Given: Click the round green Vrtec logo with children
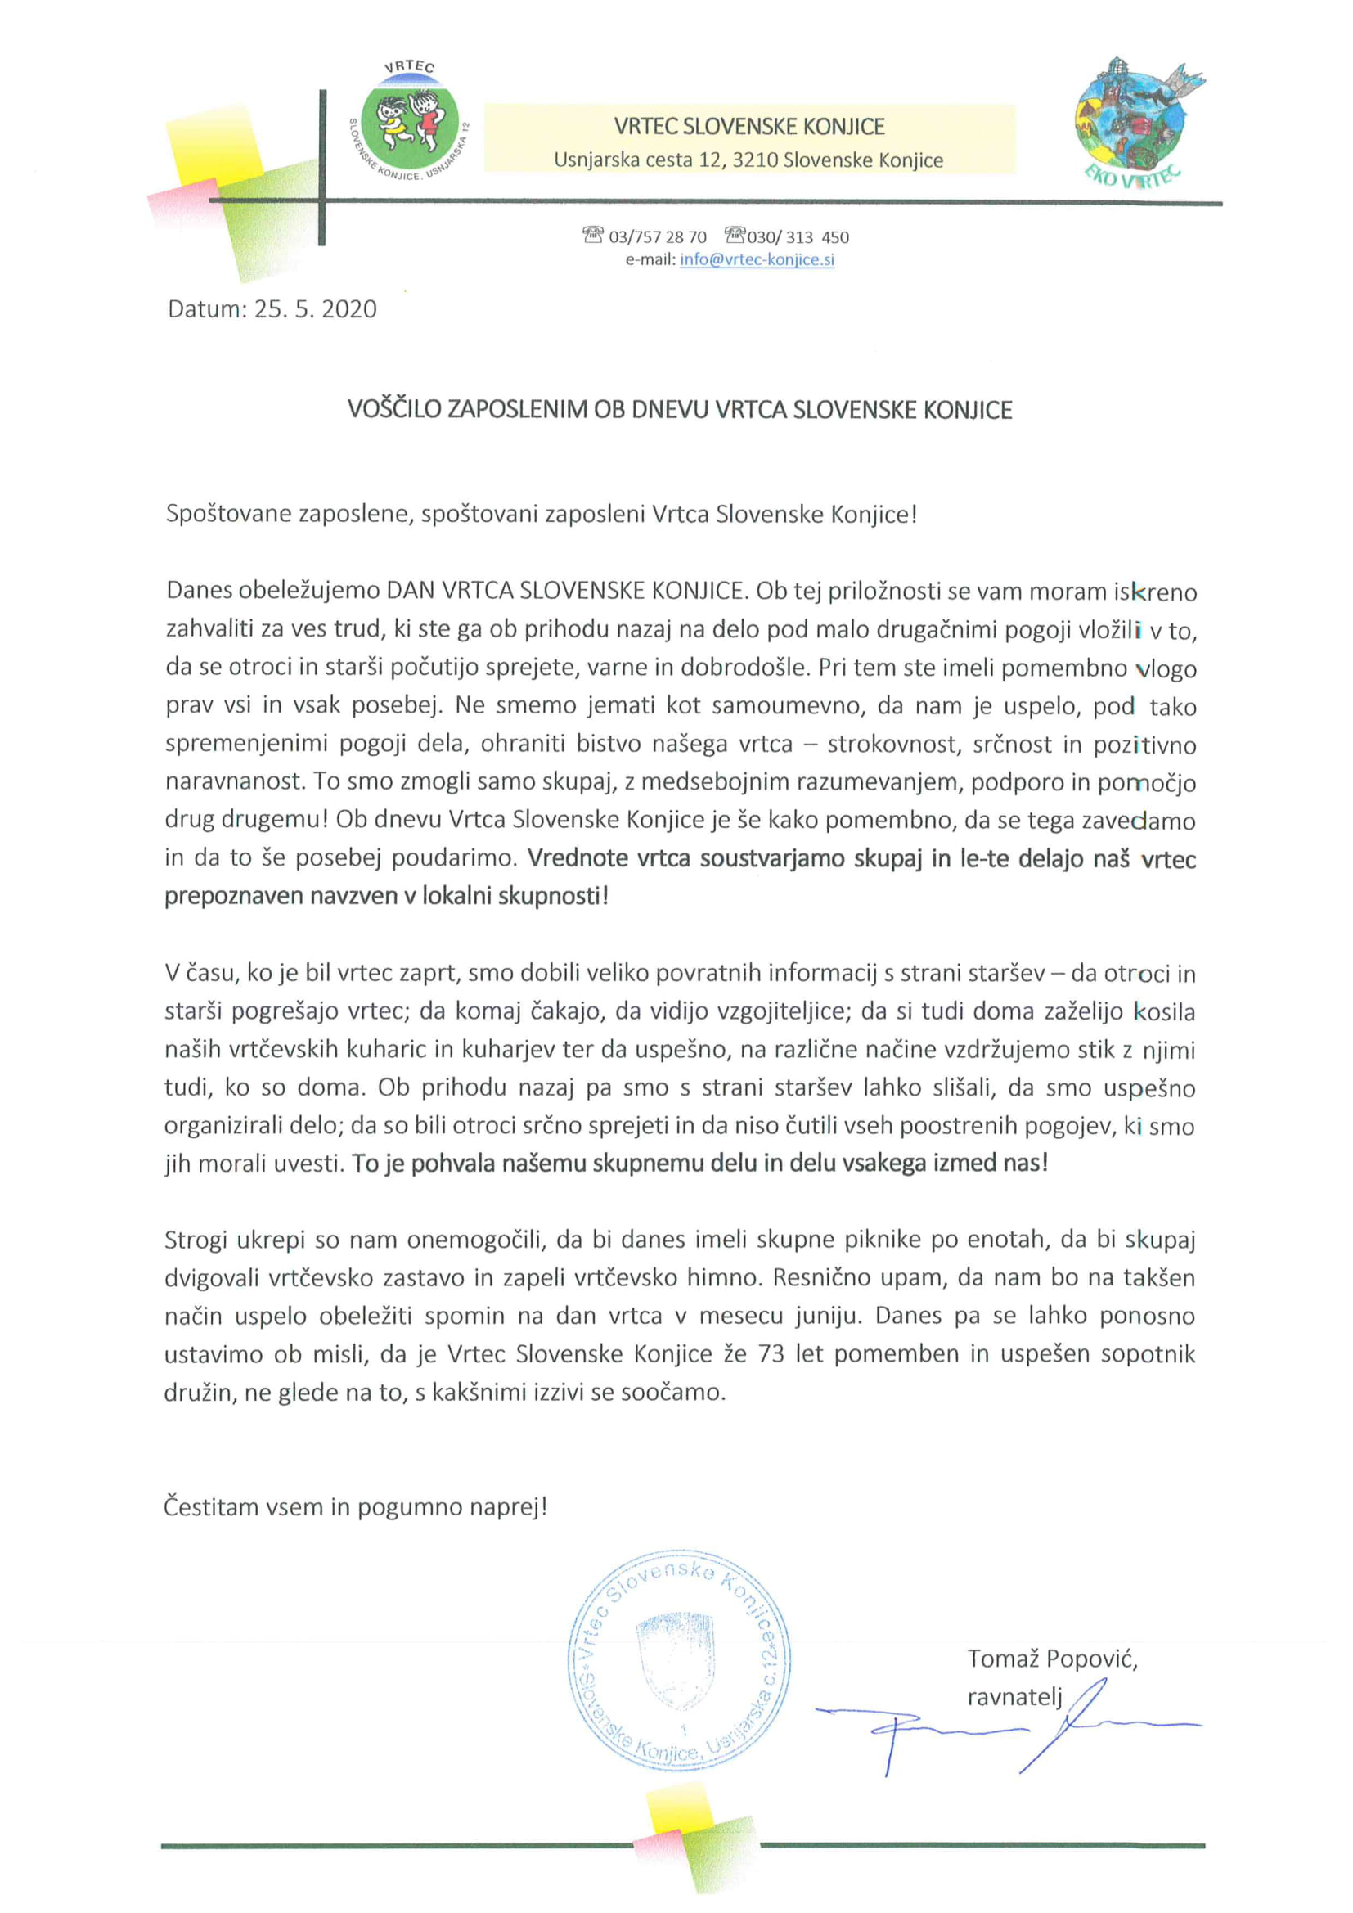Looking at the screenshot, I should pos(409,124).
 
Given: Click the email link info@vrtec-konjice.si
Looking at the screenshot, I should pos(757,259).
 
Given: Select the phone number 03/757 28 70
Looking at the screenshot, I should pos(658,236).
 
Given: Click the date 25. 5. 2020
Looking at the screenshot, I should pos(315,309).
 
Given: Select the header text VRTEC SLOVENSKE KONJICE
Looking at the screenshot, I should pos(749,127).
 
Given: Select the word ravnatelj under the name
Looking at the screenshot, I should pos(1014,1696).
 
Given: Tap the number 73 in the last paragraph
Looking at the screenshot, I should pos(771,1353).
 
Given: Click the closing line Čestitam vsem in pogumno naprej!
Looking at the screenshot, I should pos(355,1506).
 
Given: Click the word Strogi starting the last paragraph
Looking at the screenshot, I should pos(195,1240).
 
